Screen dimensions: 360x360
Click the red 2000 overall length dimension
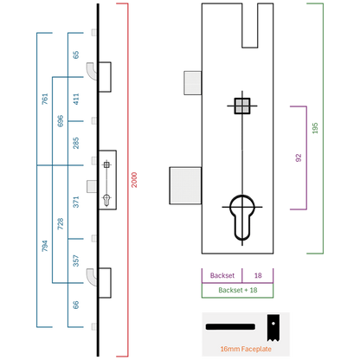[134, 180]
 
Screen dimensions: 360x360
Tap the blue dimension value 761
[45, 99]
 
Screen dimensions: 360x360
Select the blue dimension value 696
[60, 121]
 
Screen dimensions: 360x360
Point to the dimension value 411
[75, 99]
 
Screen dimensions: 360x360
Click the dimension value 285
[75, 143]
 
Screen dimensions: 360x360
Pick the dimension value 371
[75, 202]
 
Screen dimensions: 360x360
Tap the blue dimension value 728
[60, 224]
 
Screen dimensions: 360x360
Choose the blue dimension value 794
[45, 246]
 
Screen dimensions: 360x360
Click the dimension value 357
[75, 260]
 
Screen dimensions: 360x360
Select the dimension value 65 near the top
[75, 55]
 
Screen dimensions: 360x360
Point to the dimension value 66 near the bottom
[75, 305]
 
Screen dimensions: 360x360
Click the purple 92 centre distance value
[299, 157]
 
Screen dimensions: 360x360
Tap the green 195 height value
[315, 128]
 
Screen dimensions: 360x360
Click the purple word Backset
[222, 275]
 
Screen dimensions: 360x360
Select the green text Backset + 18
[238, 290]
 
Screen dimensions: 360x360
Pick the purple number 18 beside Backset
[258, 275]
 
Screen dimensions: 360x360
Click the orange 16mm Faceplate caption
[246, 349]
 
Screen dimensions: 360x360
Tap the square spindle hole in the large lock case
[242, 106]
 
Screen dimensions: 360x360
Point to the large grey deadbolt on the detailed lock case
[185, 185]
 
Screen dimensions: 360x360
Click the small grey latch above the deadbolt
[193, 83]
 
